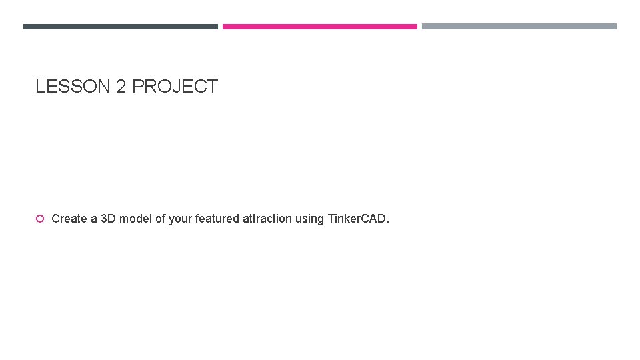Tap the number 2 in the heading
pyautogui.click(x=121, y=87)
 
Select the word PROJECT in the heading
pyautogui.click(x=175, y=87)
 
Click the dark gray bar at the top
pyautogui.click(x=121, y=27)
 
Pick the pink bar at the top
pyautogui.click(x=320, y=27)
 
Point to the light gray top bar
pyautogui.click(x=519, y=27)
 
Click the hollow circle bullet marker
pyautogui.click(x=40, y=219)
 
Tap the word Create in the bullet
pyautogui.click(x=69, y=219)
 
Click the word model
pyautogui.click(x=135, y=219)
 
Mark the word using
pyautogui.click(x=311, y=219)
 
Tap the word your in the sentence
pyautogui.click(x=180, y=219)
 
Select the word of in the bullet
pyautogui.click(x=160, y=219)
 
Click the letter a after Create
pyautogui.click(x=93, y=219)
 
